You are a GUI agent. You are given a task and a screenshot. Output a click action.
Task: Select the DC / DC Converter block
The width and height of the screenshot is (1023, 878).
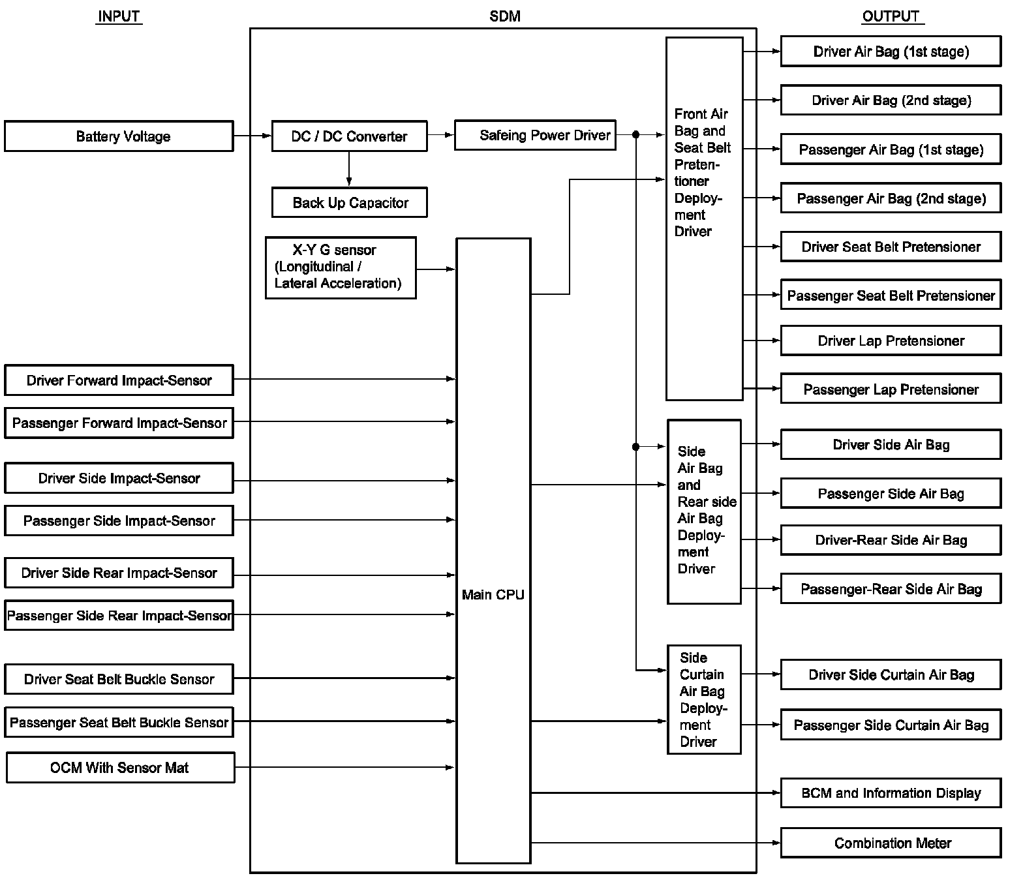pyautogui.click(x=349, y=136)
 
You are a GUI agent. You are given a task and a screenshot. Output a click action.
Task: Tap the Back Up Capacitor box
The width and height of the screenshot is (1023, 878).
pyautogui.click(x=349, y=203)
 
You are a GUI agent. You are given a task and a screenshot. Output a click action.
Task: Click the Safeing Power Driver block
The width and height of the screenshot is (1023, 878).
pyautogui.click(x=535, y=135)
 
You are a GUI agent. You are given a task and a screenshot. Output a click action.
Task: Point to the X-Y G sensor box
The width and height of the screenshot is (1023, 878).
pyautogui.click(x=341, y=267)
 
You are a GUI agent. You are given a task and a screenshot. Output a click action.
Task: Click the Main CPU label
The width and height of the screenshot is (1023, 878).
pyautogui.click(x=493, y=594)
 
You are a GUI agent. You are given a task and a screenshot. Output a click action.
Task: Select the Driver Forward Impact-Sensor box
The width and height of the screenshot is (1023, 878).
pyautogui.click(x=119, y=380)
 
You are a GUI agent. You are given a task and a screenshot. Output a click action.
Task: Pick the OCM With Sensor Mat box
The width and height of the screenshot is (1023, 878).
pyautogui.click(x=120, y=768)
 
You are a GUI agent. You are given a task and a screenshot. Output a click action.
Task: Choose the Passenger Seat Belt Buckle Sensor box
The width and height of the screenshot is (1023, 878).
pyautogui.click(x=119, y=722)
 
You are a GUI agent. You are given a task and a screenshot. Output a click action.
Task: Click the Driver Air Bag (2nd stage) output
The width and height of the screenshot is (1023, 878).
pyautogui.click(x=891, y=100)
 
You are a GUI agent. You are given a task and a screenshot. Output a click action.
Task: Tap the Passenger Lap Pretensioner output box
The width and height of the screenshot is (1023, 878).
pyautogui.click(x=891, y=389)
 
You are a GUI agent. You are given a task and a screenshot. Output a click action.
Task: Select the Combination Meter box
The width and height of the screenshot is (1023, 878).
pyautogui.click(x=891, y=843)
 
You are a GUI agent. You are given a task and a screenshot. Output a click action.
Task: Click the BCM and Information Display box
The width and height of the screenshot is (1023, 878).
pyautogui.click(x=891, y=793)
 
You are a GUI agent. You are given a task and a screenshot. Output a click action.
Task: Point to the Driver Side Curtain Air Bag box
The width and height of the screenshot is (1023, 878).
pyautogui.click(x=891, y=674)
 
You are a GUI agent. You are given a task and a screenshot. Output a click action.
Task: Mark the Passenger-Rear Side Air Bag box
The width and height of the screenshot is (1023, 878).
pyautogui.click(x=891, y=589)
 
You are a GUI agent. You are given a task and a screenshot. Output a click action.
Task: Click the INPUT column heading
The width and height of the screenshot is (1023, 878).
pyautogui.click(x=119, y=16)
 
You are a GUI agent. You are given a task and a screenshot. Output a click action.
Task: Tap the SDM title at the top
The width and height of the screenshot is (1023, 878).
pyautogui.click(x=504, y=16)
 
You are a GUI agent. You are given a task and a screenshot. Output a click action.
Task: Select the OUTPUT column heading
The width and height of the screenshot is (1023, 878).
pyautogui.click(x=891, y=16)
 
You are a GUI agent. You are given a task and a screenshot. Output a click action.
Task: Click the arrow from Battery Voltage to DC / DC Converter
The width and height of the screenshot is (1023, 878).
pyautogui.click(x=252, y=136)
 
